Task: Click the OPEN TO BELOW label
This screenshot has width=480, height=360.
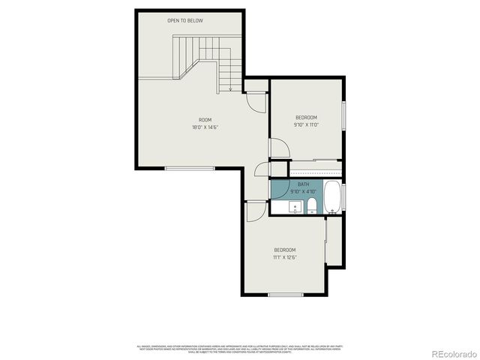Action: pos(184,20)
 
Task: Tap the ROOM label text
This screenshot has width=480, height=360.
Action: pos(205,120)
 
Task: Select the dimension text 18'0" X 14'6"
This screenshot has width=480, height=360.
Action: pos(205,127)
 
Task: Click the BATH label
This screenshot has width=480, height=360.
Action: pos(303,184)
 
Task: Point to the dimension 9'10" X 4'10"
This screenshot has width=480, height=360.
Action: pos(303,191)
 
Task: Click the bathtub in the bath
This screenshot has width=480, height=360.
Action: pos(332,196)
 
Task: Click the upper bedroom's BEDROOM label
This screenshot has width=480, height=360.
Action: pos(306,117)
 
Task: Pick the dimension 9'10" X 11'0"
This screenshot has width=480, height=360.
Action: pos(306,124)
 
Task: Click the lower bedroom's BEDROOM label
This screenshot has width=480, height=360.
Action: pos(284,250)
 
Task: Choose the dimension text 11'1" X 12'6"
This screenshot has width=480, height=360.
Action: pos(284,257)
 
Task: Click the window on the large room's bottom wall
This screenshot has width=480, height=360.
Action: pos(190,168)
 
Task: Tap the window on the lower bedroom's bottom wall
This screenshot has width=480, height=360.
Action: pos(285,295)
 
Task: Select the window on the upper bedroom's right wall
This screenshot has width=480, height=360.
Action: pos(343,115)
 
